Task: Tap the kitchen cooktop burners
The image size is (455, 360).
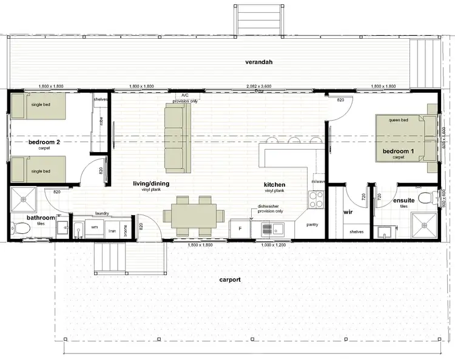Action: [317, 199]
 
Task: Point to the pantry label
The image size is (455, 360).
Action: [312, 224]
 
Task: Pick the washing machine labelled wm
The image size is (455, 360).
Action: [94, 227]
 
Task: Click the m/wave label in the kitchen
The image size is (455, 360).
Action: [318, 181]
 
